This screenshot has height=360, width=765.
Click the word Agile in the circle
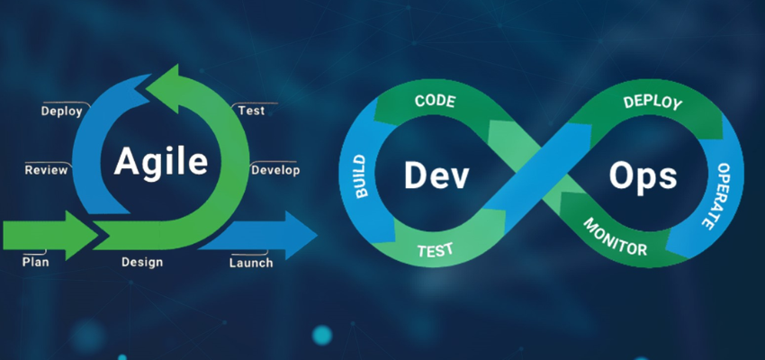tap(161, 162)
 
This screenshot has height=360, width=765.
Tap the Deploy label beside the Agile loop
tap(62, 112)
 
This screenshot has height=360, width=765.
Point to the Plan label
tap(35, 262)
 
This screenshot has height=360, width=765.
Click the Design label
tap(142, 262)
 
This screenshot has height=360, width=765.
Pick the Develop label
tap(275, 169)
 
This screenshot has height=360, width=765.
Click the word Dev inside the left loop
tap(436, 175)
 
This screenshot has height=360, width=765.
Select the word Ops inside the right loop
tap(643, 175)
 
